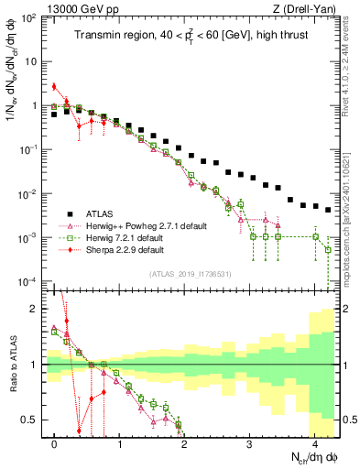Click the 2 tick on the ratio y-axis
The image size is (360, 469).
tap(38, 309)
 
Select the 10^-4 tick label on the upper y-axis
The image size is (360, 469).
tap(30, 281)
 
